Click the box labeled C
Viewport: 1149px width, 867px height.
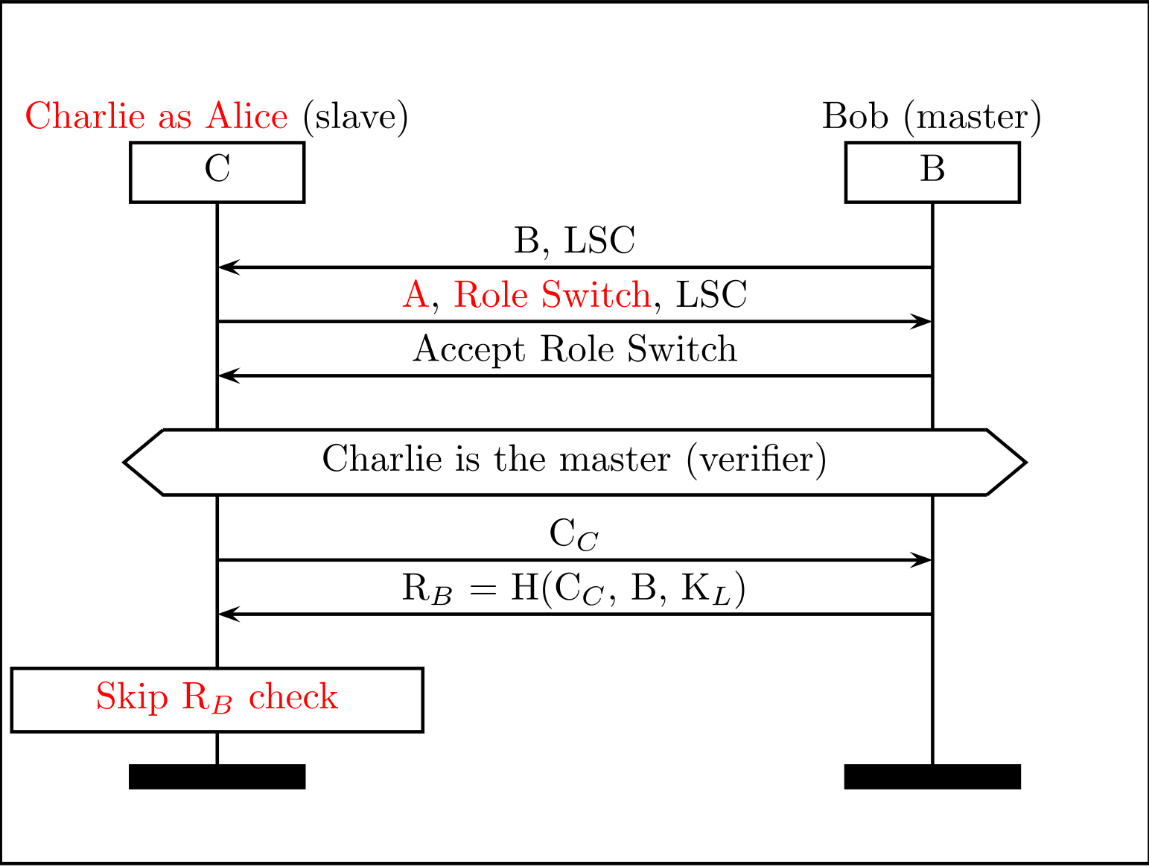[x=217, y=171]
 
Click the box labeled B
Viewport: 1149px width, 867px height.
[x=932, y=171]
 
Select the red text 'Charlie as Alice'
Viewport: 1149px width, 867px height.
[x=156, y=117]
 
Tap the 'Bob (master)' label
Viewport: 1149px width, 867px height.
[x=932, y=117]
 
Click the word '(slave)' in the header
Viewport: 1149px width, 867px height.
[x=356, y=117]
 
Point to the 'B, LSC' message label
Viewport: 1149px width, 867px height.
[x=574, y=241]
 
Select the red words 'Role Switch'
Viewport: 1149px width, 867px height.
[x=552, y=295]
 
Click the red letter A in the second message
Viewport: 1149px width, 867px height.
[x=415, y=295]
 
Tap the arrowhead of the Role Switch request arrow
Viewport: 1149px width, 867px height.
[x=924, y=322]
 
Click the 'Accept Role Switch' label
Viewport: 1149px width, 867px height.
[x=574, y=349]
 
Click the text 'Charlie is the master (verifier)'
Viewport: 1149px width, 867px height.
[x=574, y=459]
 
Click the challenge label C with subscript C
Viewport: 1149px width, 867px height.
[x=573, y=535]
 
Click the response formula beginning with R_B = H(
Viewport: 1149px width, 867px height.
[x=573, y=589]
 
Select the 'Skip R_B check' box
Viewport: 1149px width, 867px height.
[x=217, y=699]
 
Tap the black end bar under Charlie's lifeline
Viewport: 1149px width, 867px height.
[x=217, y=776]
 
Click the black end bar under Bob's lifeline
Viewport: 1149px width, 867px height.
[x=932, y=776]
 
